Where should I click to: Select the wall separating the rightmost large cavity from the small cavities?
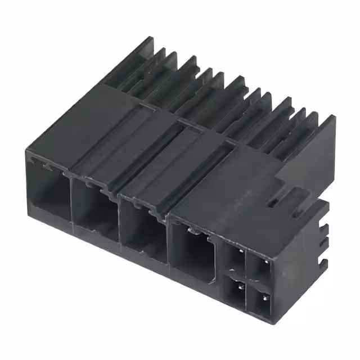coord(219,264)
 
